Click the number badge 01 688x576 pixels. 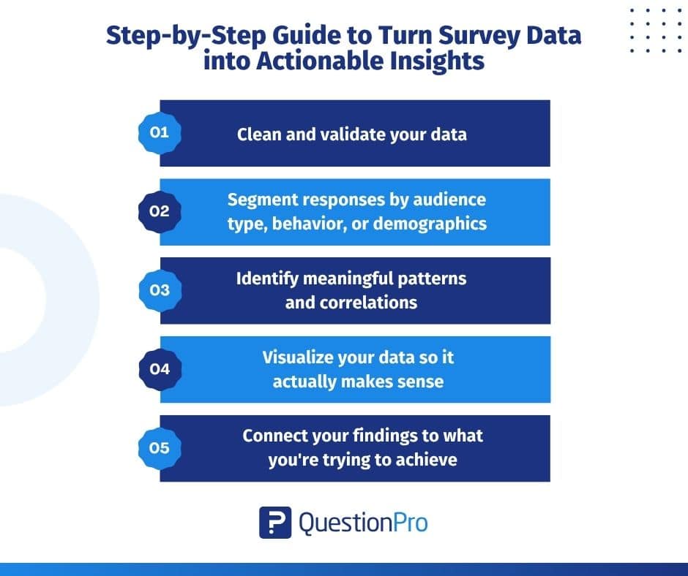click(159, 133)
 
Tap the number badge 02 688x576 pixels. click(159, 212)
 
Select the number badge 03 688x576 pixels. click(159, 290)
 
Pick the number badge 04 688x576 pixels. click(159, 369)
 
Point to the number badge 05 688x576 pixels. click(159, 448)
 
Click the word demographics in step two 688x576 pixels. click(430, 223)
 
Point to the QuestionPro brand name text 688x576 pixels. click(364, 523)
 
